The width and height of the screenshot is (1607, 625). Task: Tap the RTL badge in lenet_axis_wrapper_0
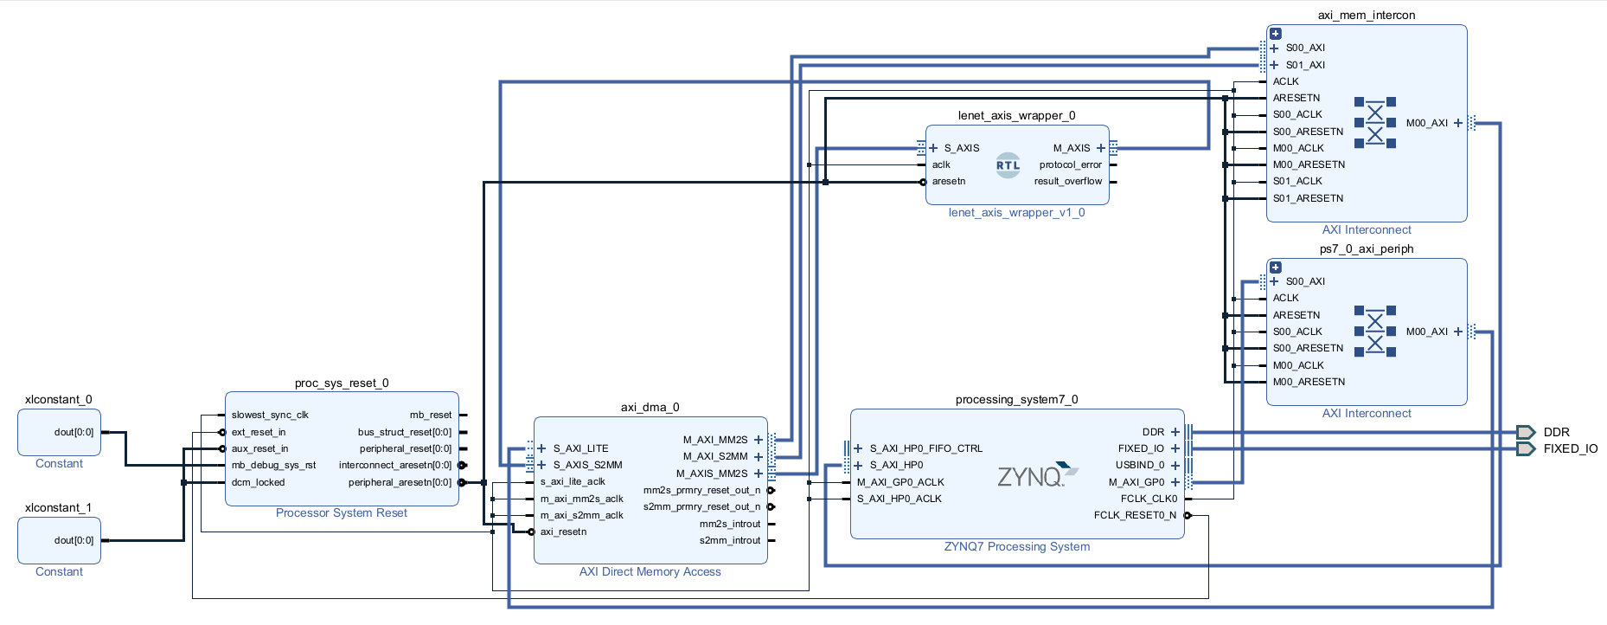(1008, 164)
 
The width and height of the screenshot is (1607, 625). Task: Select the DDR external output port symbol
(1526, 432)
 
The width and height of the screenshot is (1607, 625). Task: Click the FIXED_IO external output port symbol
(1526, 448)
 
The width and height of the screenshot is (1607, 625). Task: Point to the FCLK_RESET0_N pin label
(1135, 515)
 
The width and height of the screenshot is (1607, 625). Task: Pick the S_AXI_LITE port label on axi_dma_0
(580, 448)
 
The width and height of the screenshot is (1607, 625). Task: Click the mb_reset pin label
(431, 415)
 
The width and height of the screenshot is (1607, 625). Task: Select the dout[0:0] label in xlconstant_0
(74, 432)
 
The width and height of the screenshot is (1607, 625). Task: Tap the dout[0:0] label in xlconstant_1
(74, 540)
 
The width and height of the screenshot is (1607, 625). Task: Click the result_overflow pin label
(1068, 181)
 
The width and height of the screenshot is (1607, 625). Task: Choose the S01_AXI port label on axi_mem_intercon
(1305, 65)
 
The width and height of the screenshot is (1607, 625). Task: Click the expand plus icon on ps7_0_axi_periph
(1276, 267)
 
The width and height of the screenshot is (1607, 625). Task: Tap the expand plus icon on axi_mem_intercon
(1276, 34)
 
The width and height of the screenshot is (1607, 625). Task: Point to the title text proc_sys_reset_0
(342, 383)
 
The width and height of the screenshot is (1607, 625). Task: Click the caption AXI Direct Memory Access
(650, 571)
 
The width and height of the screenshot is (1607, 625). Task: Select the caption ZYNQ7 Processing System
(1017, 546)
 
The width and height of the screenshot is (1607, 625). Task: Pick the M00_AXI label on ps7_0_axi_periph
(1427, 332)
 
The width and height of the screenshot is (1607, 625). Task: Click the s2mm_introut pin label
(730, 540)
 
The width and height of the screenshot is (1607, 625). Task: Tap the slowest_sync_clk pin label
(270, 415)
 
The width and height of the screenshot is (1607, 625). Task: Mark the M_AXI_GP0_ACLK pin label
(900, 482)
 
